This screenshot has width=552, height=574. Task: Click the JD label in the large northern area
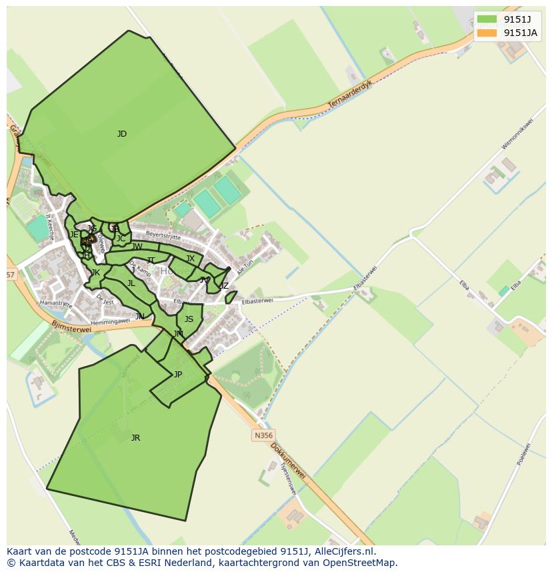tap(122, 134)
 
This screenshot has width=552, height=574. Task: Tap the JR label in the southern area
tap(135, 438)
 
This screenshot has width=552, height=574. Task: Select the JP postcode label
tap(178, 375)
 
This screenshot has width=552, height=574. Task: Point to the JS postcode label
tap(189, 319)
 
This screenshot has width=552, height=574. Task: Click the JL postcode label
tap(131, 283)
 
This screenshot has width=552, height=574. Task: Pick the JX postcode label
tap(191, 259)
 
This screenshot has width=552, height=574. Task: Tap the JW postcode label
tap(137, 247)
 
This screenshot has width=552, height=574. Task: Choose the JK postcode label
tap(95, 273)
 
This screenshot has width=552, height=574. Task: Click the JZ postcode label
tap(224, 286)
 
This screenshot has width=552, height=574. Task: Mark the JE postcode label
tap(74, 235)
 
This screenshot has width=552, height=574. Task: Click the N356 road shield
tap(263, 435)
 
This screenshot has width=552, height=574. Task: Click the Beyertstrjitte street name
tap(163, 235)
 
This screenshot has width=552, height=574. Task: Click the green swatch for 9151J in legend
tap(487, 19)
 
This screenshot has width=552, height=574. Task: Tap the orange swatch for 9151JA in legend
tap(487, 33)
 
